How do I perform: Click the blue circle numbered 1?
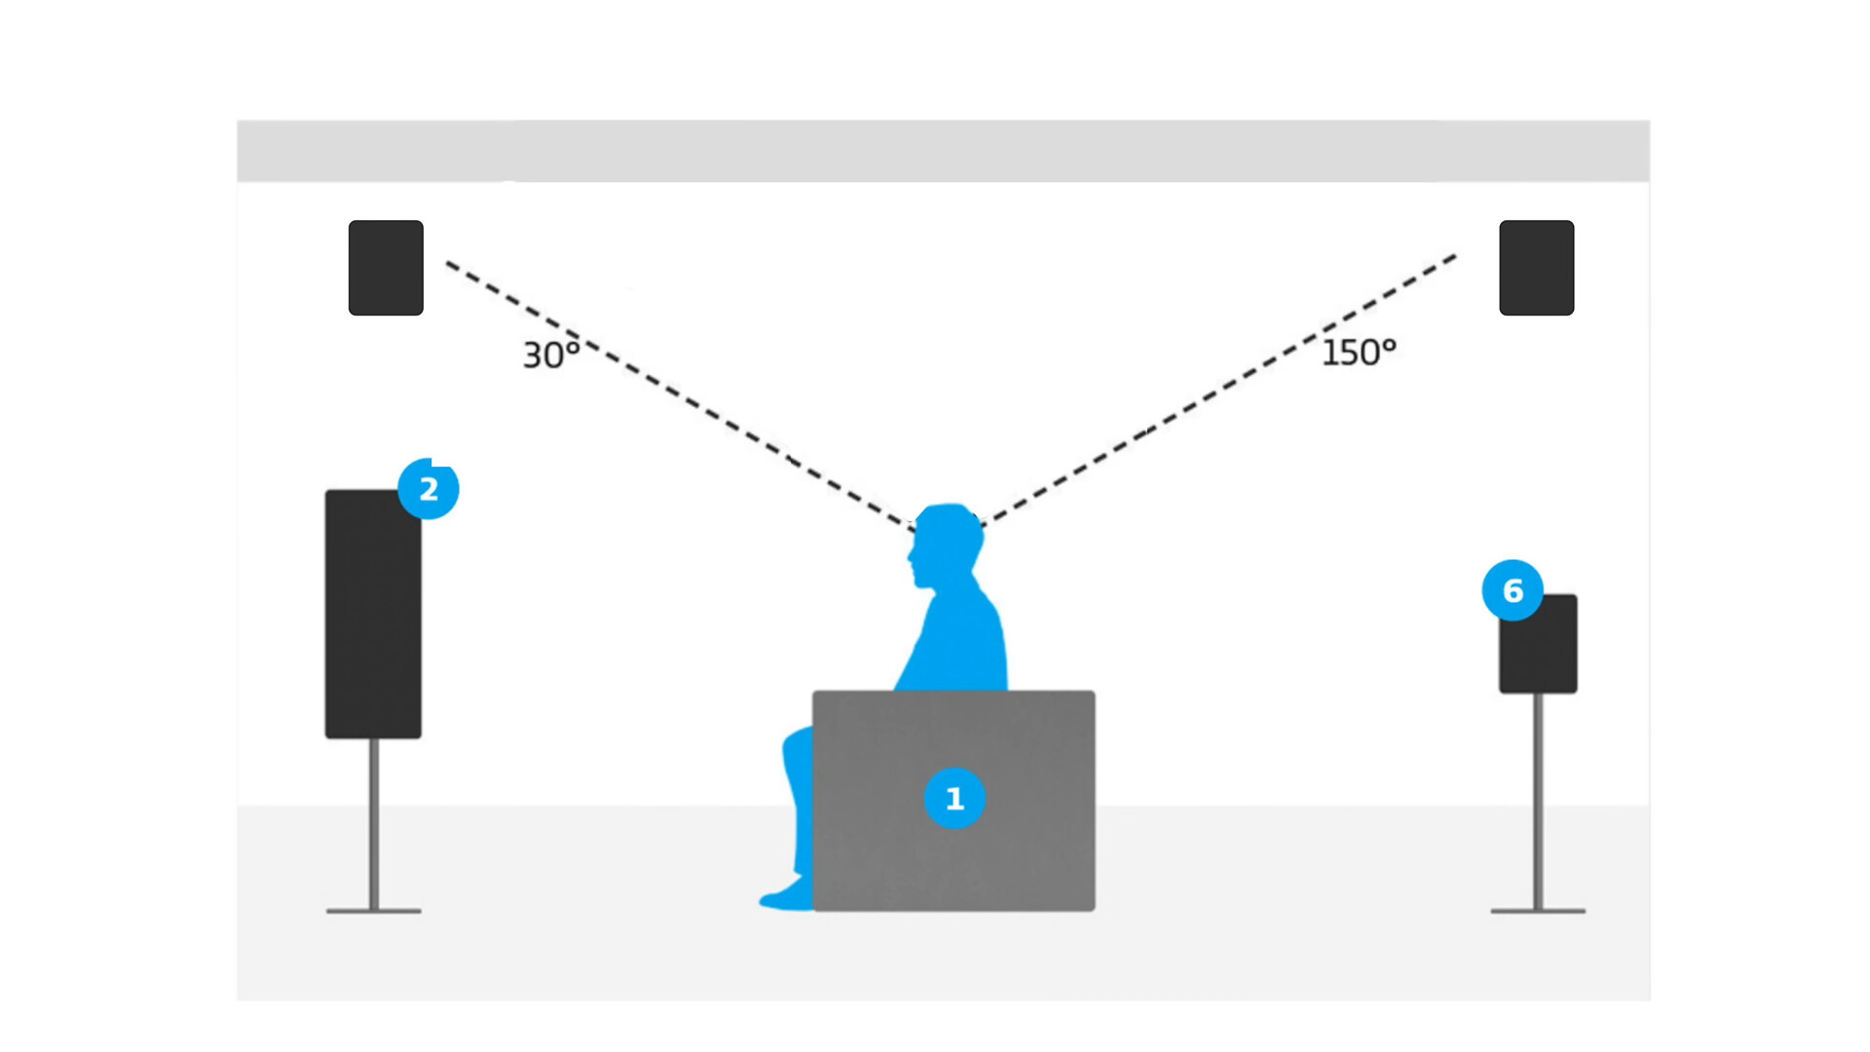coord(954,799)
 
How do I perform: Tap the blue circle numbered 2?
coord(429,489)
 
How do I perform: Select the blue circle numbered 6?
coord(1513,590)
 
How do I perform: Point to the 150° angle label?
coord(1359,352)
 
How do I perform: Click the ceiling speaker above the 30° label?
coord(386,268)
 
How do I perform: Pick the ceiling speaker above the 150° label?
coord(1536,268)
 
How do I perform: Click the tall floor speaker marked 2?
coord(373,623)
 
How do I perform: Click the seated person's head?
coord(945,545)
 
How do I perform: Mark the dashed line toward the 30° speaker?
coord(682,394)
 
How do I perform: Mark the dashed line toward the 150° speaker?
coord(1217,390)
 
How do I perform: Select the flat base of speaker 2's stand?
coord(374,911)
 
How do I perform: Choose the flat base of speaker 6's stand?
coord(1538,911)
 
